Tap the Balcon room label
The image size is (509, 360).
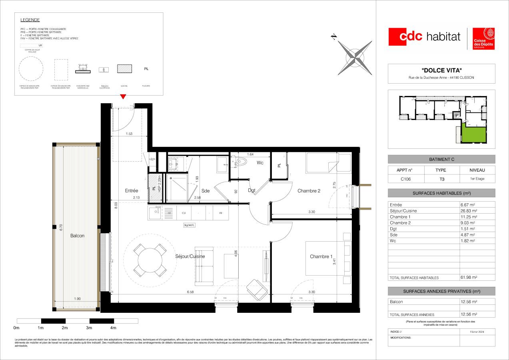(77, 236)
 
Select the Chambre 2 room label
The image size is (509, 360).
(309, 191)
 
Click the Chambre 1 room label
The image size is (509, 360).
(321, 256)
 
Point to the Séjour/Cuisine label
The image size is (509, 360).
(190, 256)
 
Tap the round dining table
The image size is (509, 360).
(150, 260)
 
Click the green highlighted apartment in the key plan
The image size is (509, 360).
(474, 134)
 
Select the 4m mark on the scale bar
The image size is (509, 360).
(114, 328)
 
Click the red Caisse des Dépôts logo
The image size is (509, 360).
(484, 39)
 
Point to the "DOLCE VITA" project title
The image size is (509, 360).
(441, 70)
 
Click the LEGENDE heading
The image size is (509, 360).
(30, 20)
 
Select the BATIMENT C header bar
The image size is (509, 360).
(441, 159)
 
